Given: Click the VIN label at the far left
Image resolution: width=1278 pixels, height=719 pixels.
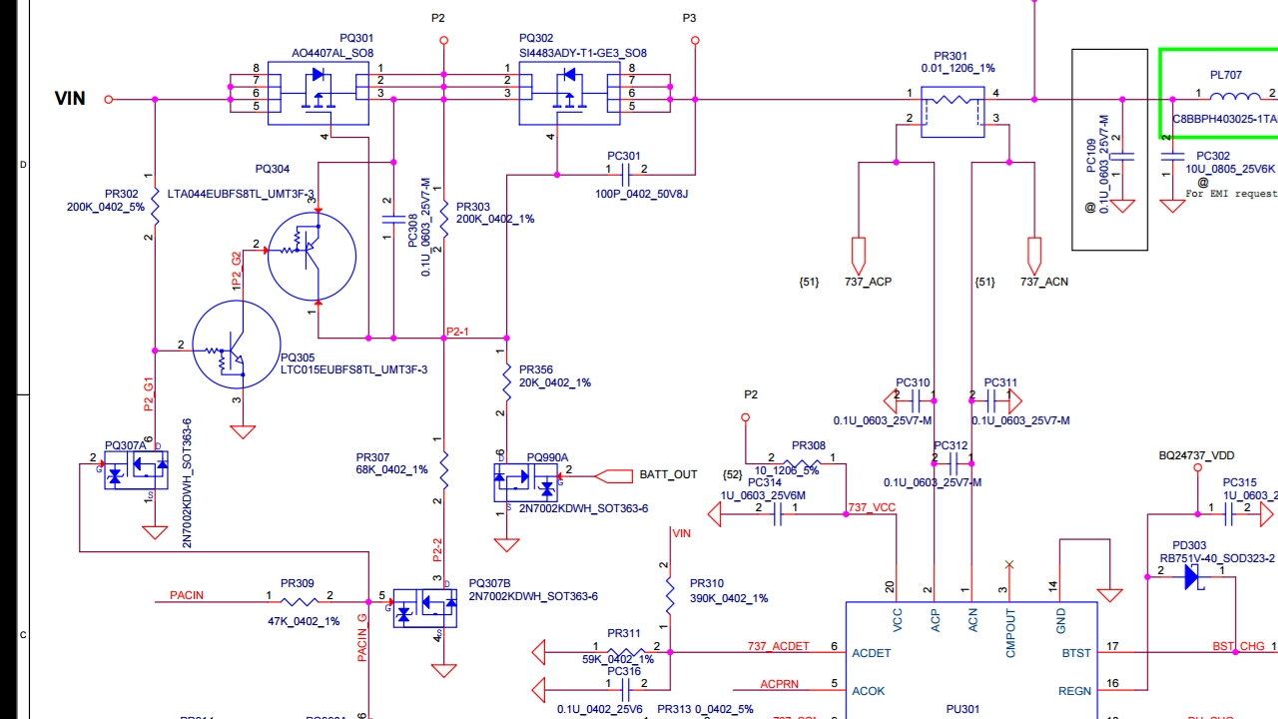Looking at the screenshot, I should coord(70,98).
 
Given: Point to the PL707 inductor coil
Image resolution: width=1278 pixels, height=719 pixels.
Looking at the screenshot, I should coord(1235,96).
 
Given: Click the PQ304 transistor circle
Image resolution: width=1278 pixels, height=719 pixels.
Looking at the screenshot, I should coord(312,256).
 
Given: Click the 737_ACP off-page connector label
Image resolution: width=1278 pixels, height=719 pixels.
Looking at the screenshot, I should coord(868,282).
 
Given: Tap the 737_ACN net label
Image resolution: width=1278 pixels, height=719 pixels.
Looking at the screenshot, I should coord(1043,282).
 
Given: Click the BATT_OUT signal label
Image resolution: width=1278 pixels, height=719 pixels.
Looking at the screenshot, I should coord(668,474).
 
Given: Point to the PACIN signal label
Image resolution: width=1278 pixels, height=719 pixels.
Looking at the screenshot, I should coord(187,595).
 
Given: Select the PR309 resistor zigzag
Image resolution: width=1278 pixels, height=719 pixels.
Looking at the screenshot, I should coord(299,601).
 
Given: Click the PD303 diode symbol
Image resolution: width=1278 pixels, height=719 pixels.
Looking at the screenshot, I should coord(1192,576).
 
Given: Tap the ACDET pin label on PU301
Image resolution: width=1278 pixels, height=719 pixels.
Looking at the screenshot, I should coord(871,653).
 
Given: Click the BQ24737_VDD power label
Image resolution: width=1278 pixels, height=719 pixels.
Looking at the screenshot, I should coord(1196,455).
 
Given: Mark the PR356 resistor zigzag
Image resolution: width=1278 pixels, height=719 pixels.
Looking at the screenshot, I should coord(507,382).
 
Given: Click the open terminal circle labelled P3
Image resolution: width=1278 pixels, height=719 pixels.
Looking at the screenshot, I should coord(695,41).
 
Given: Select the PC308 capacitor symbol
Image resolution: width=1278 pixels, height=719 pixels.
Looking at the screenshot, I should coord(387,217).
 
